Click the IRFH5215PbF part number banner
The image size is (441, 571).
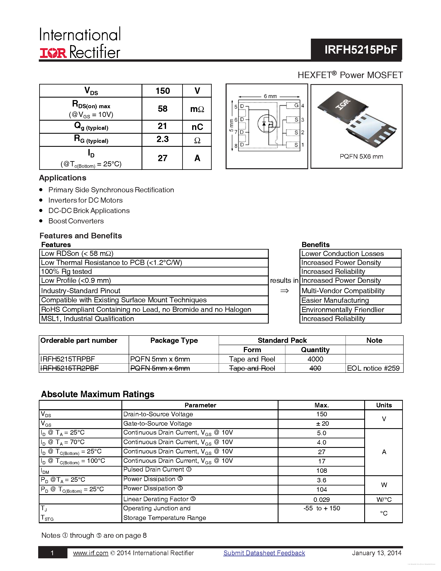pyautogui.click(x=360, y=50)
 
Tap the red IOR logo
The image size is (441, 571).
pyautogui.click(x=53, y=53)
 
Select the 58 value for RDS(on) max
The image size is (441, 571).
pyautogui.click(x=162, y=109)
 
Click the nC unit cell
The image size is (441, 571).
pyautogui.click(x=197, y=127)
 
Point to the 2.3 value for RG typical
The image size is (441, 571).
pyautogui.click(x=162, y=139)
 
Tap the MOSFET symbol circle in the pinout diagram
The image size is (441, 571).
pyautogui.click(x=267, y=124)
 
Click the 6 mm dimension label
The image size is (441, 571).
pyautogui.click(x=270, y=96)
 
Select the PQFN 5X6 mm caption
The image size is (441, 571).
pyautogui.click(x=361, y=157)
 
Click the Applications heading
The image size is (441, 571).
pyautogui.click(x=63, y=178)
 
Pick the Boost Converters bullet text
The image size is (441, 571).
pyautogui.click(x=76, y=221)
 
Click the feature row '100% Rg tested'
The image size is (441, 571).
pyautogui.click(x=67, y=272)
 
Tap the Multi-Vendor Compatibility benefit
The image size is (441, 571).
pyautogui.click(x=343, y=291)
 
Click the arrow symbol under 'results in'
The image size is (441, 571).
pyautogui.click(x=284, y=291)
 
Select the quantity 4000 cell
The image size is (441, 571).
pyautogui.click(x=315, y=359)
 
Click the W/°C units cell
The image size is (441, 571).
pyautogui.click(x=384, y=500)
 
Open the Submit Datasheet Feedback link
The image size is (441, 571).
pyautogui.click(x=264, y=553)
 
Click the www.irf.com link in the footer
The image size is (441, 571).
pyautogui.click(x=90, y=553)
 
